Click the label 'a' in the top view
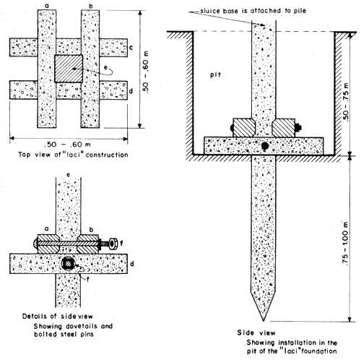click(x=48, y=7)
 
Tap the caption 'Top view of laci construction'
click(x=70, y=155)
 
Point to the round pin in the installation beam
click(x=266, y=145)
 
